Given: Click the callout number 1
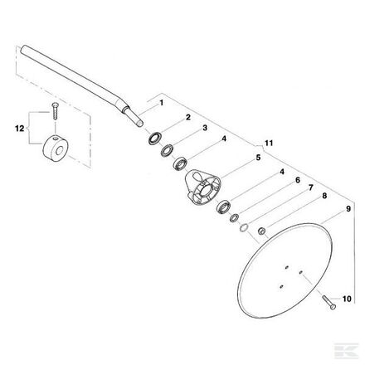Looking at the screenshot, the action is [162, 103].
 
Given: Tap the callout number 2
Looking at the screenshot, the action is [188, 117].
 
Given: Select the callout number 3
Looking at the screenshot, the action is [205, 128].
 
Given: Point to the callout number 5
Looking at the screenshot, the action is [258, 158].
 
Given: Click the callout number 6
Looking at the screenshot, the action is [298, 180].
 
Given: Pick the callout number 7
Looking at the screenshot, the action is [311, 188].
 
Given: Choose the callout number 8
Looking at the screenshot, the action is [324, 196].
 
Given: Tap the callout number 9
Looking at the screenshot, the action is [348, 209].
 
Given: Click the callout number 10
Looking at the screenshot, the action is [347, 299].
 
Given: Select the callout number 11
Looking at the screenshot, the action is [269, 143].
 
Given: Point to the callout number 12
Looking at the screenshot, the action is [20, 129].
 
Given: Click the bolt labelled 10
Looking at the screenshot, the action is [329, 303].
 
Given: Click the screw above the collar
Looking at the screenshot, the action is [55, 111].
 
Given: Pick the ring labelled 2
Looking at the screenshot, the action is [153, 139].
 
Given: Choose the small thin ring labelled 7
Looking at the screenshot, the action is [244, 228].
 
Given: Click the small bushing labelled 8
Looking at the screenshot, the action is [262, 231].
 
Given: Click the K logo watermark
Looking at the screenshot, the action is [347, 351].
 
